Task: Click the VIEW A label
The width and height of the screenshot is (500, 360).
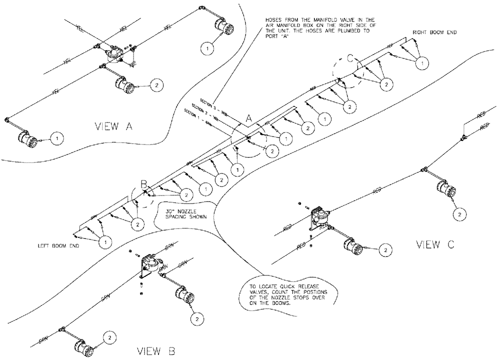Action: [113, 127]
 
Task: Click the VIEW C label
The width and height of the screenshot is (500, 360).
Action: [435, 244]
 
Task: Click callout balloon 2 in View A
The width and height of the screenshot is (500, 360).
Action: [156, 85]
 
